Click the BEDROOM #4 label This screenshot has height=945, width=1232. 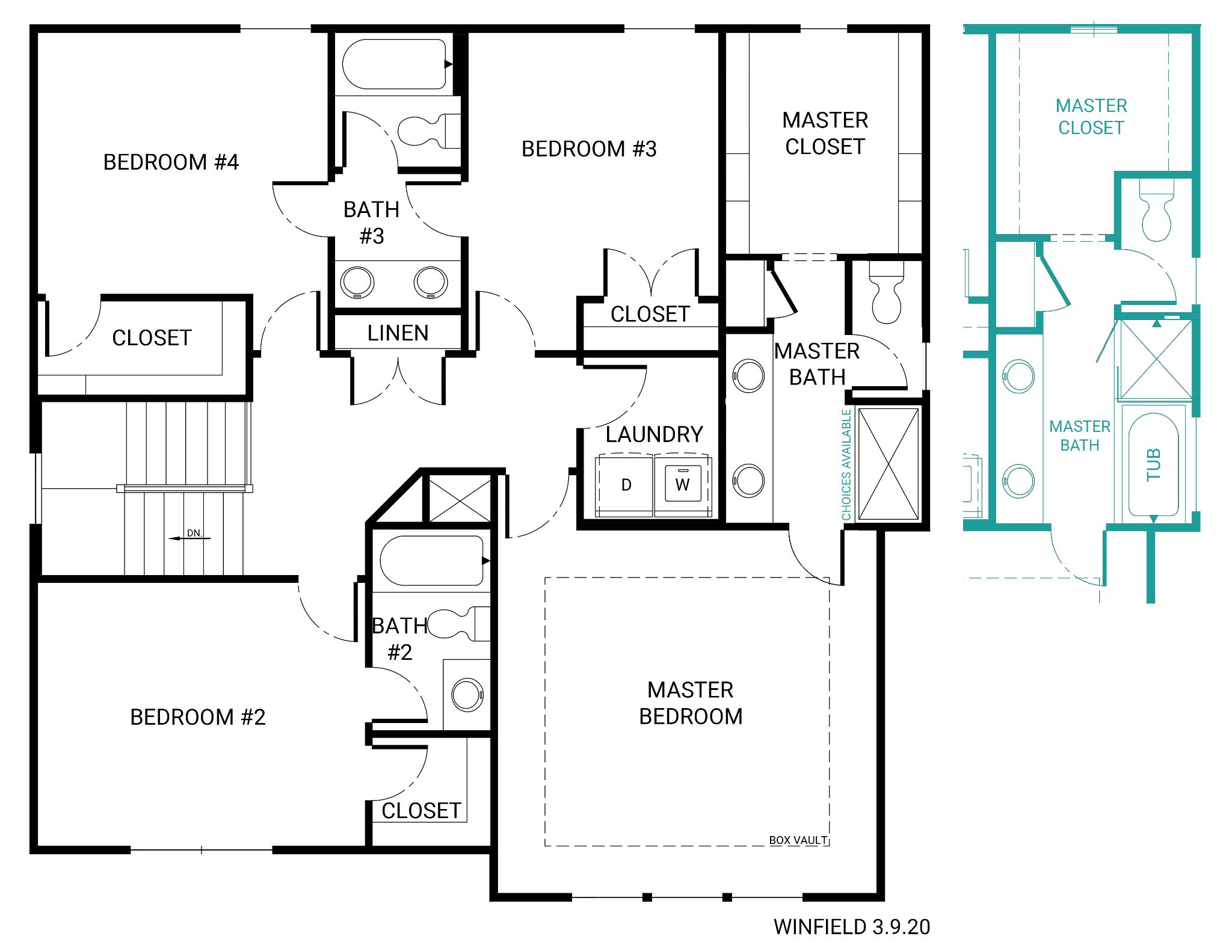[x=171, y=162]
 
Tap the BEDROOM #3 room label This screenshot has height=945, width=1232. [x=589, y=149]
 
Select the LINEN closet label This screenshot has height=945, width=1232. [x=398, y=333]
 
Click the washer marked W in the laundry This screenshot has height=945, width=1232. [x=682, y=484]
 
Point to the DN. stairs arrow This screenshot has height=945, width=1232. [x=189, y=538]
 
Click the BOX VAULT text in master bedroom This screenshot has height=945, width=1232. [x=798, y=840]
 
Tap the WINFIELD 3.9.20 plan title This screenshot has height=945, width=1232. [x=852, y=927]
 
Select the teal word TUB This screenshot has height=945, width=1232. [x=1153, y=465]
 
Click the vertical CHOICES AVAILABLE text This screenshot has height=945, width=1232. [x=846, y=464]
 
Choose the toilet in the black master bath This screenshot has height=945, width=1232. [x=887, y=288]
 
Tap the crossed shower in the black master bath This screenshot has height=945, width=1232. [x=889, y=463]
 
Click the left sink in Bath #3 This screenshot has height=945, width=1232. [x=357, y=282]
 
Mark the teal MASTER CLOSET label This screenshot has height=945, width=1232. [x=1091, y=117]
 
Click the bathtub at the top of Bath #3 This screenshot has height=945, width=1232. [x=394, y=64]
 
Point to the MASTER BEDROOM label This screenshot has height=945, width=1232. [x=691, y=703]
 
